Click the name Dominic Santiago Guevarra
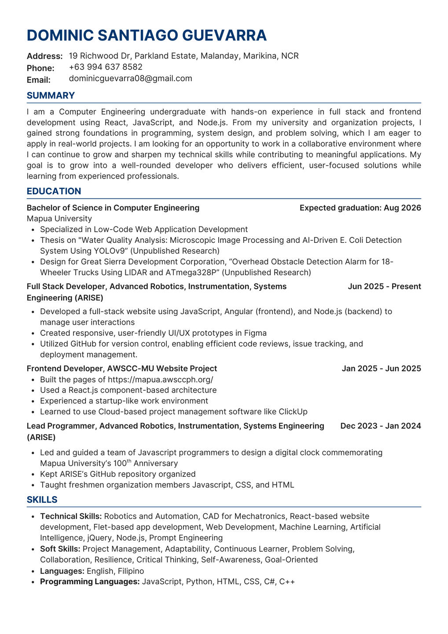pos(147,35)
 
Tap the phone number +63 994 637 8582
pos(106,67)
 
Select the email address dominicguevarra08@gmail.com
pos(130,78)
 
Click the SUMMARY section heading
pos(51,96)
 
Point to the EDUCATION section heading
pos(54,191)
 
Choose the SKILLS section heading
pos(42,500)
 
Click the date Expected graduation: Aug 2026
pos(360,208)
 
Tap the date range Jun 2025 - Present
pos(384,286)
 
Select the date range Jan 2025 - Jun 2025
pos(381,368)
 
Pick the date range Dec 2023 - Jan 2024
pos(380,426)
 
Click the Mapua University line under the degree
pos(59,219)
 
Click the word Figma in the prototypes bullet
pos(256,333)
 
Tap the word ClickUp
pos(293,412)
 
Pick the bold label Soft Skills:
pos(60,549)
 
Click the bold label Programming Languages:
pos(90,582)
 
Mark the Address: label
pos(45,56)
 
